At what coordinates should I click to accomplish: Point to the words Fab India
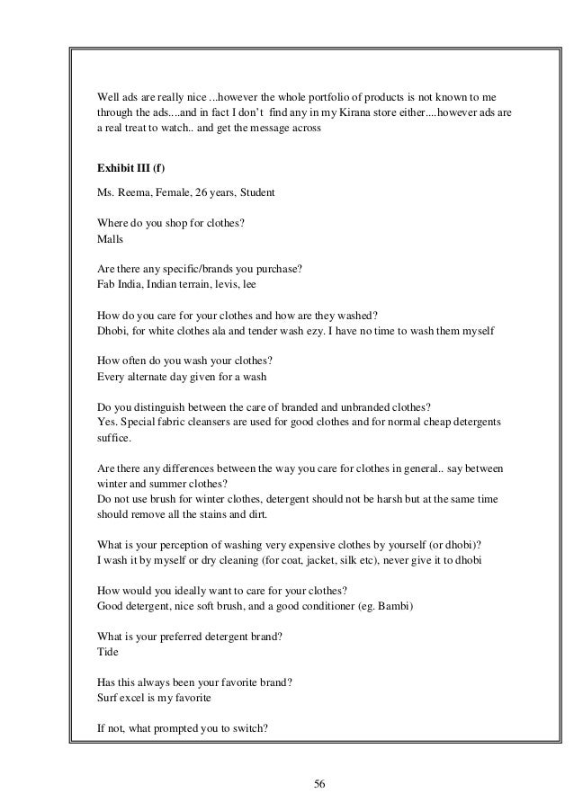point(118,284)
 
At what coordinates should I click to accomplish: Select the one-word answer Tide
point(106,654)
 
